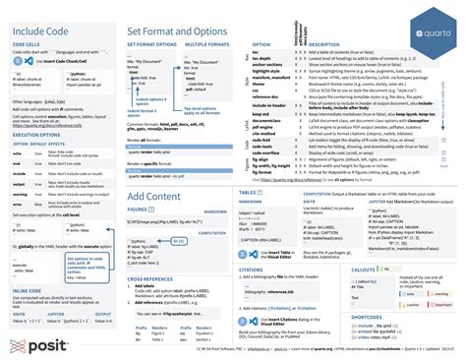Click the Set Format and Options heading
176,32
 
